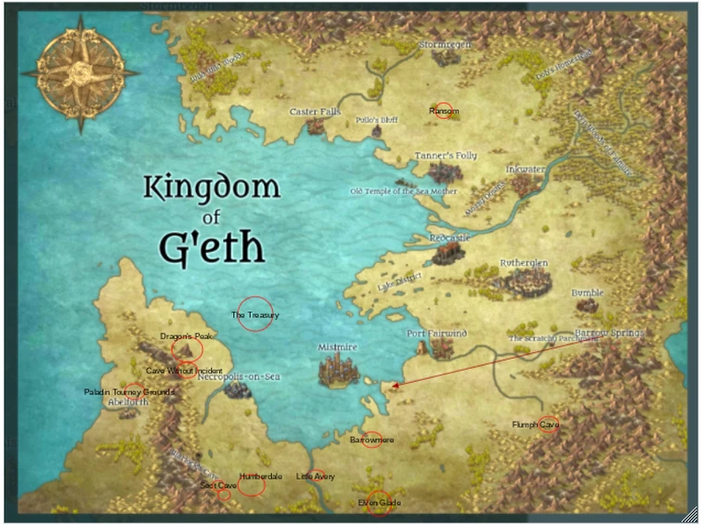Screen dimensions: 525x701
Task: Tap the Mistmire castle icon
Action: pyautogui.click(x=337, y=372)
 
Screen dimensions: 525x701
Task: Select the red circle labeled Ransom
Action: pyautogui.click(x=444, y=111)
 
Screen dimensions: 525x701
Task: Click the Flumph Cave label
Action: pyautogui.click(x=536, y=425)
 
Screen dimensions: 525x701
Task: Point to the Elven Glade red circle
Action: pyautogui.click(x=379, y=502)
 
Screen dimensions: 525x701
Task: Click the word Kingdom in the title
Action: pyautogui.click(x=211, y=187)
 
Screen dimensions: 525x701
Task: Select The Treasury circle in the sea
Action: pyautogui.click(x=255, y=314)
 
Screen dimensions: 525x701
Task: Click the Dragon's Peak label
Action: pyautogui.click(x=188, y=335)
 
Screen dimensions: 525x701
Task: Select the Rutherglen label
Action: pyautogui.click(x=524, y=263)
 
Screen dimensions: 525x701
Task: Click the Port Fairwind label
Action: pyautogui.click(x=436, y=333)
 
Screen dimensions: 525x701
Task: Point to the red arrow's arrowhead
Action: pyautogui.click(x=394, y=384)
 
